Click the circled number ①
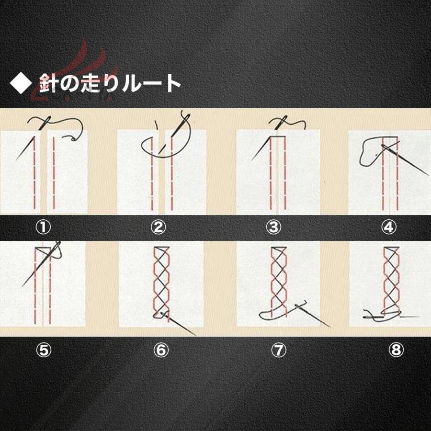[x=44, y=227]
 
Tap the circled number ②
[x=159, y=227]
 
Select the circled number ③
[x=273, y=227]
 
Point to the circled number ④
[x=389, y=227]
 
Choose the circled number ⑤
[x=44, y=350]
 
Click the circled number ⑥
[x=161, y=350]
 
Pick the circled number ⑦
[x=279, y=350]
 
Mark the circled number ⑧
[x=396, y=350]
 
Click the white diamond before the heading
[x=20, y=83]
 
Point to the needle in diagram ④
[x=406, y=160]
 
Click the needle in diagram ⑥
[x=178, y=324]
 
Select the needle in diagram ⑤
[x=41, y=264]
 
